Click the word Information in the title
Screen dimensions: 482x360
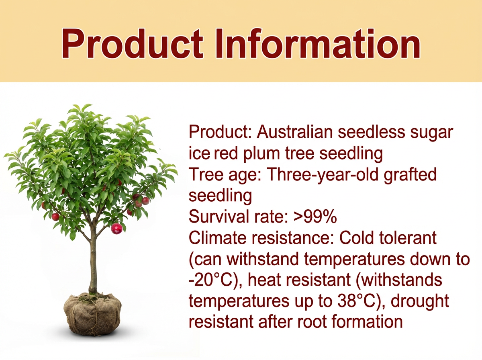point(318,43)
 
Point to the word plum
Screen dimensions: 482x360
point(261,153)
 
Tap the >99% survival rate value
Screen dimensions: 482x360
point(315,217)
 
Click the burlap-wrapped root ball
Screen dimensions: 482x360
point(92,314)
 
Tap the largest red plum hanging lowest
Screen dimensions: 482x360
point(116,229)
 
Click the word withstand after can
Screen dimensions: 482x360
point(263,259)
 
